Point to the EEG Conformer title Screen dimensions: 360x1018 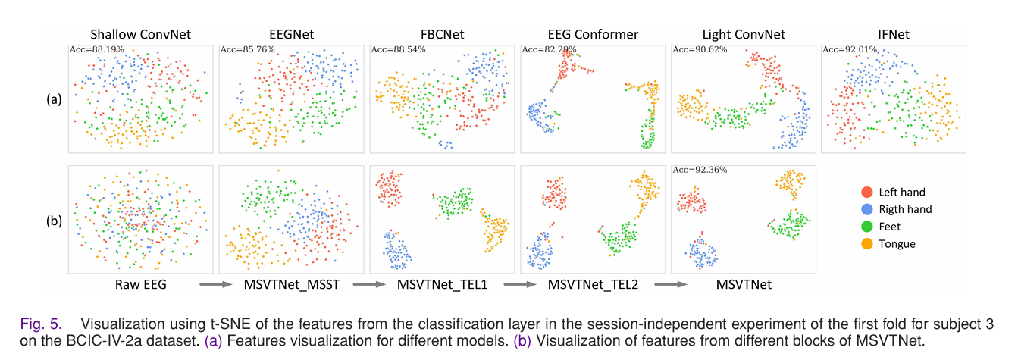(593, 35)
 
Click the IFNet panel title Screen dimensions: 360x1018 (894, 35)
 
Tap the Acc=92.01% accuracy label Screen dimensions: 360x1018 (846, 49)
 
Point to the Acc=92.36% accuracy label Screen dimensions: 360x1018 (696, 170)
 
